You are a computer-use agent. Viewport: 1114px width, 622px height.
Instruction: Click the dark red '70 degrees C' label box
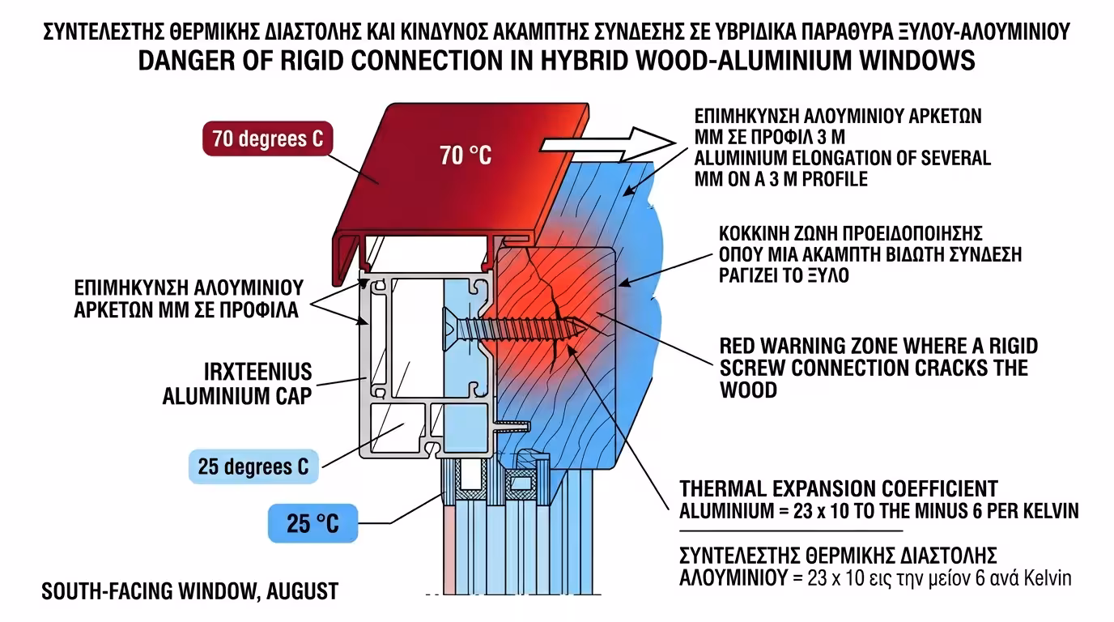267,138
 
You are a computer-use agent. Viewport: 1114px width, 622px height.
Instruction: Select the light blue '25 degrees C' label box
253,467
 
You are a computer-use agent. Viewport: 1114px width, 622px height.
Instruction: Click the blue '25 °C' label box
313,524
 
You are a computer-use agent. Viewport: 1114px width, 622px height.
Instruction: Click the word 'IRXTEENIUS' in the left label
257,374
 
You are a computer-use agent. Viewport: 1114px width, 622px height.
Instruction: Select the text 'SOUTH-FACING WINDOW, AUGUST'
189,591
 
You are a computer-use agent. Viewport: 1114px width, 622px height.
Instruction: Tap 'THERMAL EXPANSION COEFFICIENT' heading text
839,489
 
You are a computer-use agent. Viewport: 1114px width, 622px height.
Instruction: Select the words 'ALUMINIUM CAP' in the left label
237,397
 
